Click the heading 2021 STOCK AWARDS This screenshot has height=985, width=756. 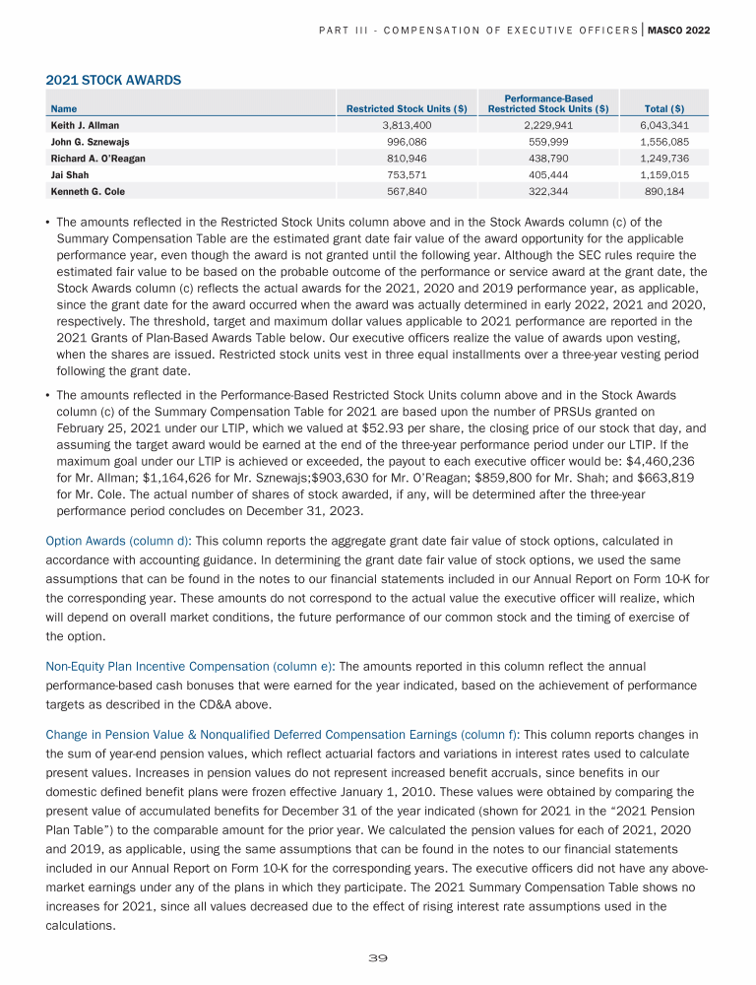click(x=113, y=79)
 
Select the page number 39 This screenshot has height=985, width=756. click(x=378, y=957)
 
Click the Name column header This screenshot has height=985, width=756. click(x=64, y=108)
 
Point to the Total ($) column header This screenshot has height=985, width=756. click(x=664, y=108)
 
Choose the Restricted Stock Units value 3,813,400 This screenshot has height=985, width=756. click(x=410, y=126)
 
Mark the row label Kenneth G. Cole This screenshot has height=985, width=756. click(x=88, y=191)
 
